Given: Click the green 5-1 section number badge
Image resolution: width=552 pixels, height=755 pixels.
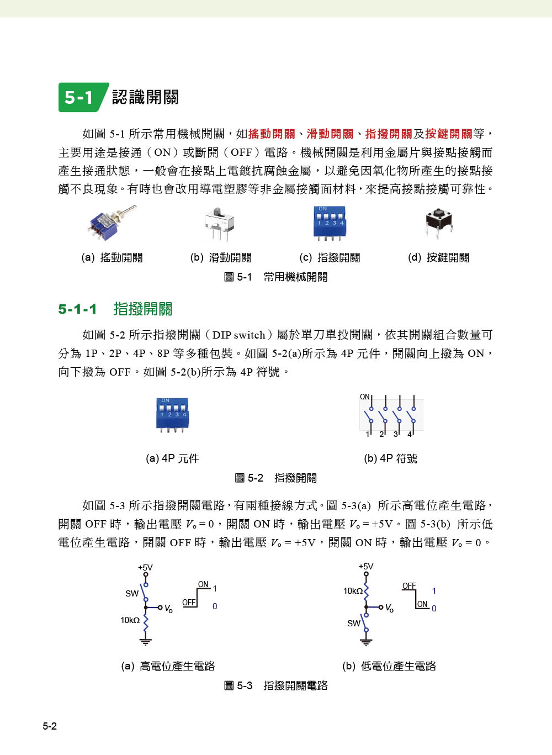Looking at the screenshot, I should coord(81,97).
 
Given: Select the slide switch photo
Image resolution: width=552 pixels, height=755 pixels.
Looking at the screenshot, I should coord(219,223).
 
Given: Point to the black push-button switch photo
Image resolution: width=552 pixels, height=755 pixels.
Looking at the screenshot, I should coord(439,222).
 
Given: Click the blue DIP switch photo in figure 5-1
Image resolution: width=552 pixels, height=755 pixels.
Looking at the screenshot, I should coord(330,222).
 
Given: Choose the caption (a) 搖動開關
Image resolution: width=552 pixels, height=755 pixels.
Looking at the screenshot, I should coord(112,257).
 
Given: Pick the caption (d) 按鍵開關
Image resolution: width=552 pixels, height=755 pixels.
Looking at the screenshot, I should coord(439,257).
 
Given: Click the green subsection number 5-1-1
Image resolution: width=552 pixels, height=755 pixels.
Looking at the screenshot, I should coord(77,309).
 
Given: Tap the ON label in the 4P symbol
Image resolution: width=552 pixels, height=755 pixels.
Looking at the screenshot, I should coord(365,397).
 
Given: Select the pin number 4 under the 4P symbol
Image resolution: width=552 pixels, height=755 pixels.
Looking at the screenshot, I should coord(410,434).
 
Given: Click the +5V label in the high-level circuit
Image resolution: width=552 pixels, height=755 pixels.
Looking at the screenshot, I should coord(145,567).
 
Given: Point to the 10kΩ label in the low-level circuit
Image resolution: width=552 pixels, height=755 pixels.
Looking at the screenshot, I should coord(353,590).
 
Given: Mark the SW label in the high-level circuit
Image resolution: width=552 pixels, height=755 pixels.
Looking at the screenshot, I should coord(132,593).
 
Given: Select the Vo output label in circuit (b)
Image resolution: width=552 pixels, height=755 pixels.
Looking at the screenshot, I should coord(389,608).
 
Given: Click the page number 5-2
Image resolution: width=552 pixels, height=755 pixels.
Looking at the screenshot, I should coord(50,726).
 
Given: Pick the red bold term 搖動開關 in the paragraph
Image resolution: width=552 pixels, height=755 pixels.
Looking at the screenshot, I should coord(272,134).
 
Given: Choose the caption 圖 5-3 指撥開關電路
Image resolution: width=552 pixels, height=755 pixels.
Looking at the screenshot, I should coord(276,685).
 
